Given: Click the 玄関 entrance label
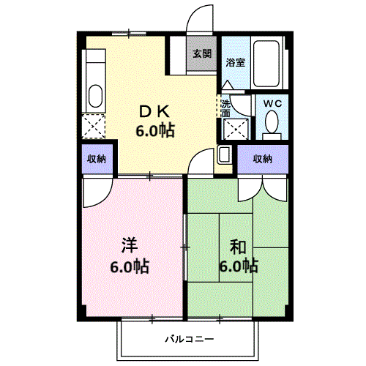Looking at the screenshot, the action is pyautogui.click(x=202, y=53).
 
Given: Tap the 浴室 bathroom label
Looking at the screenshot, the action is pyautogui.click(x=235, y=62).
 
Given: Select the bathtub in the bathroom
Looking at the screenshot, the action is pyautogui.click(x=266, y=64).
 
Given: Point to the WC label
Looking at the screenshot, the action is pyautogui.click(x=272, y=104).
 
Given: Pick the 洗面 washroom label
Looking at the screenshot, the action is pyautogui.click(x=225, y=109).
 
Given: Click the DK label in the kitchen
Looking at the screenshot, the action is pyautogui.click(x=154, y=112).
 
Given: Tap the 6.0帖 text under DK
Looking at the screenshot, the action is pyautogui.click(x=155, y=130).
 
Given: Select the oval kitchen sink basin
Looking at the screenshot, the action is pyautogui.click(x=95, y=96).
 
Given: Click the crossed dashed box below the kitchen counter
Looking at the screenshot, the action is pyautogui.click(x=94, y=127).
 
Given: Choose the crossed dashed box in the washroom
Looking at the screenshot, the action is pyautogui.click(x=236, y=129).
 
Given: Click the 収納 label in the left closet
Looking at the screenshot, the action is pyautogui.click(x=97, y=159).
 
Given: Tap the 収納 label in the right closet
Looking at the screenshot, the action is pyautogui.click(x=262, y=159).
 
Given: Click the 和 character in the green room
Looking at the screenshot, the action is pyautogui.click(x=238, y=247).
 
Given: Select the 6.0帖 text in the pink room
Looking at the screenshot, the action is pyautogui.click(x=130, y=266).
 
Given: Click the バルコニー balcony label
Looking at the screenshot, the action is pyautogui.click(x=190, y=339).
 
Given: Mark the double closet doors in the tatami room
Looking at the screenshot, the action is pyautogui.click(x=263, y=189).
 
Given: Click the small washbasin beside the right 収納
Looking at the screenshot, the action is pyautogui.click(x=225, y=154).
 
